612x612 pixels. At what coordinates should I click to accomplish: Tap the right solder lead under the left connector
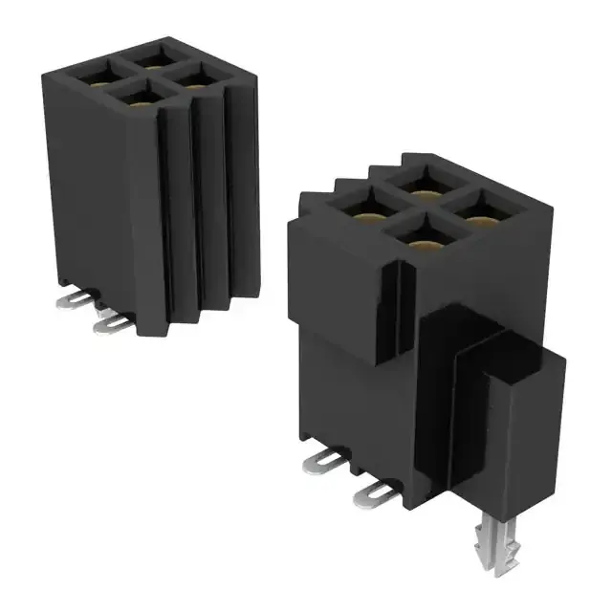(113, 325)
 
